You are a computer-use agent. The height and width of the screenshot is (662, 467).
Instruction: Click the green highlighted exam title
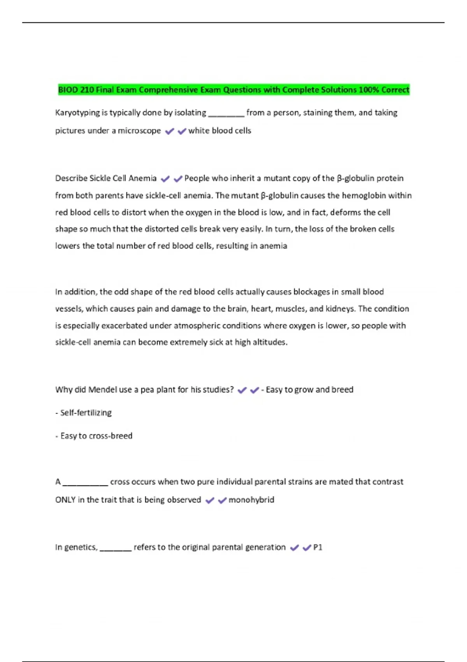click(233, 90)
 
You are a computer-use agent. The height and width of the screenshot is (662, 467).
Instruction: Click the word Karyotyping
click(77, 113)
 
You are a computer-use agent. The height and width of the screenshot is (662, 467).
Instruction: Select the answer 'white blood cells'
click(219, 131)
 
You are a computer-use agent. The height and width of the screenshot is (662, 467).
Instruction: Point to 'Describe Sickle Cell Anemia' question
click(106, 178)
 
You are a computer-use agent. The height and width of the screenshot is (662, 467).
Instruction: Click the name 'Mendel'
click(102, 390)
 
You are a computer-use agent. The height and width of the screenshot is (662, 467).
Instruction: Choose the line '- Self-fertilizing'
click(84, 413)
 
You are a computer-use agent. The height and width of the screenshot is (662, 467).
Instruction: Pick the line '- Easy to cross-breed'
click(94, 436)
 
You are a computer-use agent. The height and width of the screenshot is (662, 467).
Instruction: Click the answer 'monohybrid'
click(251, 500)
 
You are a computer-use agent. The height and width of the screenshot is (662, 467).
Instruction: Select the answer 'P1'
click(318, 548)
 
